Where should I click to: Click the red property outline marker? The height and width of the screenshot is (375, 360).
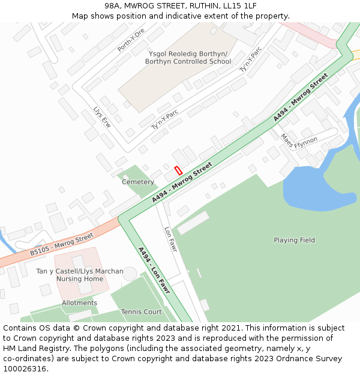tap(178, 170)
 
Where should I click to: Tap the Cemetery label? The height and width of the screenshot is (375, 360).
tap(138, 182)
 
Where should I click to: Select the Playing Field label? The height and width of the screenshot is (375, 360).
tap(294, 240)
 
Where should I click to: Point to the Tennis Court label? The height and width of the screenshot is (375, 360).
tap(142, 312)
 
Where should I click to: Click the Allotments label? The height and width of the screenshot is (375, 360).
tap(79, 303)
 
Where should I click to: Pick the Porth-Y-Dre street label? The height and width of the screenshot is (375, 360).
tap(131, 40)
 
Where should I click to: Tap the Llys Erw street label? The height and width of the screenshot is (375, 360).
tap(102, 118)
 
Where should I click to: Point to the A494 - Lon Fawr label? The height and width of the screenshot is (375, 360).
tap(154, 271)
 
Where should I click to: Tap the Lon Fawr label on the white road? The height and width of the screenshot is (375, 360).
tap(170, 238)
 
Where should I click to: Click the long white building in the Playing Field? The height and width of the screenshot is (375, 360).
tap(193, 223)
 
